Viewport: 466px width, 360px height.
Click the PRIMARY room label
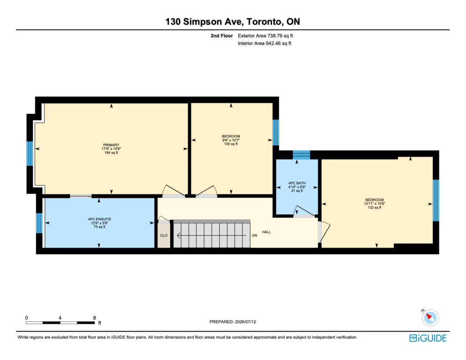[x=111, y=145]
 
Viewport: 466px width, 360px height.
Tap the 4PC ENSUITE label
[x=100, y=219]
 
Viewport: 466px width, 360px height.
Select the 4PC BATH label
[x=297, y=183]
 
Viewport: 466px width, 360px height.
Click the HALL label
[x=266, y=232]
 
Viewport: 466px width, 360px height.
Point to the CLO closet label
[x=164, y=235]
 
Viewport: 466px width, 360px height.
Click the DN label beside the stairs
[x=255, y=235]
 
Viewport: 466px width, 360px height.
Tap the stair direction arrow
[x=212, y=235]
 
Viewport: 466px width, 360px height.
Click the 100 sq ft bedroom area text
[x=231, y=144]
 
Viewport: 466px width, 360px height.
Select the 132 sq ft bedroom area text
[x=375, y=208]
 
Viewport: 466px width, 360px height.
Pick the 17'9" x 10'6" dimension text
[x=111, y=149]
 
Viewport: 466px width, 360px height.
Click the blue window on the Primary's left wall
[x=30, y=153]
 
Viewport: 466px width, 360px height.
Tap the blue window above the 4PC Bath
[x=301, y=155]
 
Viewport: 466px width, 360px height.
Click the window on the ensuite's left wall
[x=39, y=223]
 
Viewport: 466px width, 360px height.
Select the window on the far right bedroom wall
[x=436, y=200]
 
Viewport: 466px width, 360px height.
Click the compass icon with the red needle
[x=430, y=318]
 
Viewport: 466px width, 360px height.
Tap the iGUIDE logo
[x=428, y=338]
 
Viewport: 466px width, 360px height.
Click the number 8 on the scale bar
[x=95, y=318]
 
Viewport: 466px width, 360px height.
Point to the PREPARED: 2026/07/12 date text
[x=233, y=322]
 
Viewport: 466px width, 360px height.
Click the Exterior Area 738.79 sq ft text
[x=265, y=35]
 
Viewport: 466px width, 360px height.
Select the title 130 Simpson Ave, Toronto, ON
[x=233, y=22]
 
